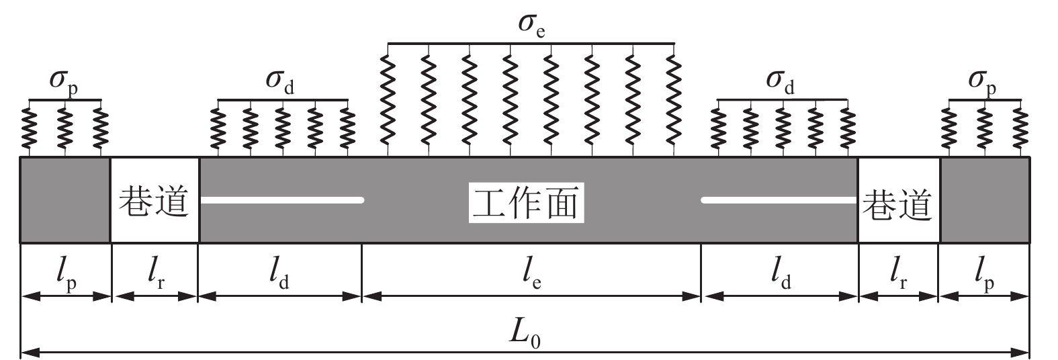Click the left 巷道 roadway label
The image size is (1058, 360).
tap(154, 201)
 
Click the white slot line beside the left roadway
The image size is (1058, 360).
tap(282, 199)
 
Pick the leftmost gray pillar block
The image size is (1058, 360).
tap(65, 199)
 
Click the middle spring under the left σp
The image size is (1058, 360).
tap(64, 128)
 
